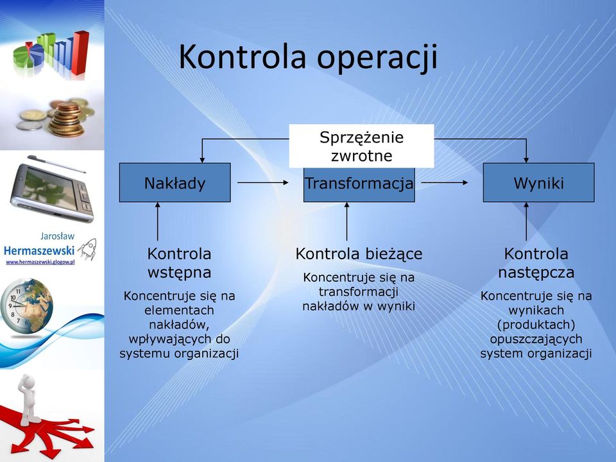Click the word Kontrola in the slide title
[243, 56]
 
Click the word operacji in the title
[377, 59]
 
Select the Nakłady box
[175, 183]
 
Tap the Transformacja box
[359, 185]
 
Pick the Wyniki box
[538, 183]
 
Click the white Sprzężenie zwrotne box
[361, 146]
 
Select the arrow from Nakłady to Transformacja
[263, 182]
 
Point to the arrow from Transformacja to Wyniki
[444, 182]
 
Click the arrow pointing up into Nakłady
[158, 221]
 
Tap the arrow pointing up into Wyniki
[526, 221]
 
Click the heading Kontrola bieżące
[359, 254]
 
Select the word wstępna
[179, 273]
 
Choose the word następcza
[536, 273]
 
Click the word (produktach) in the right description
[536, 325]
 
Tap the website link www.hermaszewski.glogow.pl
[40, 262]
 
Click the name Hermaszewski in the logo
[39, 250]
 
